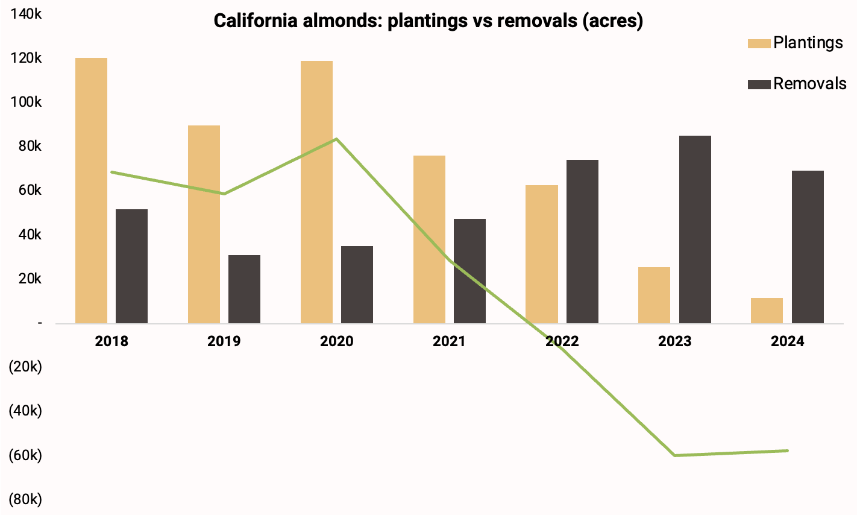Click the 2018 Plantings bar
91,191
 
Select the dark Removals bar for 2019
244,289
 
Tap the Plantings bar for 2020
316,192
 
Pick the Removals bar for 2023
695,229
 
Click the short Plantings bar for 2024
767,311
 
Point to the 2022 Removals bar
582,241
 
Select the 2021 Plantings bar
429,239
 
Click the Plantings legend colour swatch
759,43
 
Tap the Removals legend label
809,84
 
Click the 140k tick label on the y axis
25,14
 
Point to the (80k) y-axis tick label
25,499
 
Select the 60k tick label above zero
28,191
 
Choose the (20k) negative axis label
25,367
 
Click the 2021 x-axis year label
449,341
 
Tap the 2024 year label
787,341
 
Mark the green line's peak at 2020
336,139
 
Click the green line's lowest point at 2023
674,455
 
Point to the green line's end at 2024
787,450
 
